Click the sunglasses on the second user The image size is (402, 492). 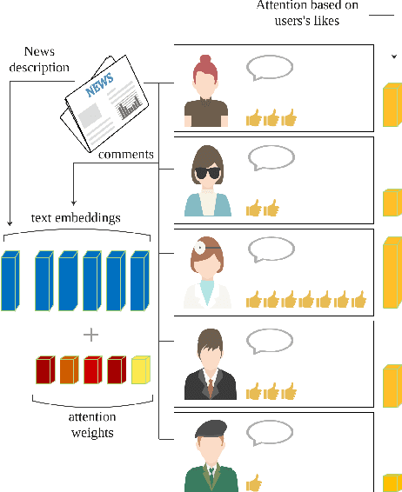click(207, 172)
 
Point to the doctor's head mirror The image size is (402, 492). click(201, 246)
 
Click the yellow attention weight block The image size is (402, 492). click(140, 370)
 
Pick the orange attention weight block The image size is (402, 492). click(69, 370)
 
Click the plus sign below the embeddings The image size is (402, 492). click(90, 335)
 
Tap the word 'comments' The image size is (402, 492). click(126, 155)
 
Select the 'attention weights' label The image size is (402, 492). click(92, 424)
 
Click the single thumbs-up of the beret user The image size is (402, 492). click(253, 482)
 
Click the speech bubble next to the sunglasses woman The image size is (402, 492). click(271, 157)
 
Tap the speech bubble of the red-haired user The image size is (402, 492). click(270, 68)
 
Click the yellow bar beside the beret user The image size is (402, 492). click(391, 482)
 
